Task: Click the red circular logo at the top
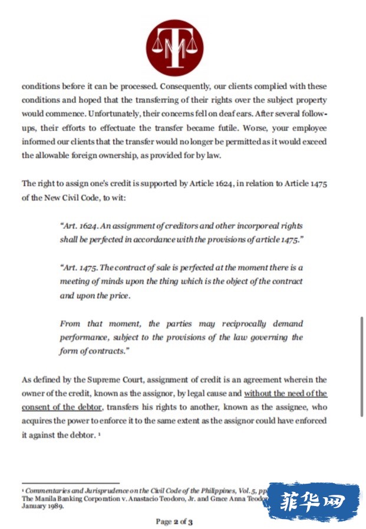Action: coord(174,48)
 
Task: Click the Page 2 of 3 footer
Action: coord(174,521)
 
